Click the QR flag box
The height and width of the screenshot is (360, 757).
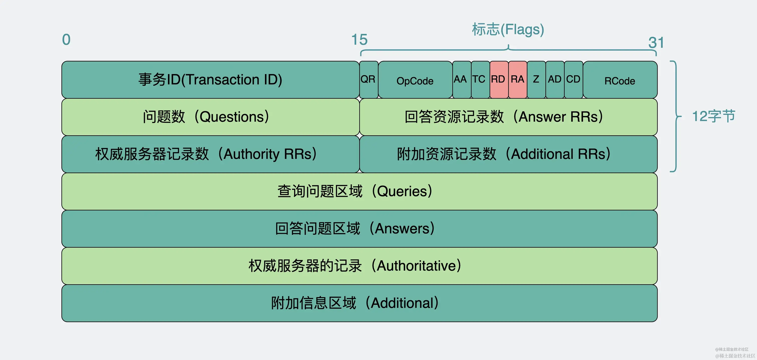click(x=368, y=79)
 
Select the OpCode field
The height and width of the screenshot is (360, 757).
click(x=415, y=80)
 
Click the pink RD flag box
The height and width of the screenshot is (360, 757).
click(x=499, y=79)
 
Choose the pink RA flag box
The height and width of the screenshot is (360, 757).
click(x=517, y=79)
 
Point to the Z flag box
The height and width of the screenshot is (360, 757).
click(x=536, y=79)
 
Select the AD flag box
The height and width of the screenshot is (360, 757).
click(x=555, y=79)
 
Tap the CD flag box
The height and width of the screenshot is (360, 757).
click(x=573, y=79)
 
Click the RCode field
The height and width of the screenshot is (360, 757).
click(x=620, y=80)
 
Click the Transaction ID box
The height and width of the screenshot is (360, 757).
click(x=210, y=80)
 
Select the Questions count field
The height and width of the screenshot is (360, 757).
click(x=210, y=117)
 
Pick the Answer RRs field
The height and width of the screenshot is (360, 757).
click(x=508, y=117)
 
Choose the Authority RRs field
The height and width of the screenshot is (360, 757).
click(x=210, y=154)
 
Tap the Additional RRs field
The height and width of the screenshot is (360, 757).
click(x=508, y=154)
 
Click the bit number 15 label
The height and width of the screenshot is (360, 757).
click(x=359, y=40)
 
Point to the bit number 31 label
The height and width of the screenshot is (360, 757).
click(x=656, y=43)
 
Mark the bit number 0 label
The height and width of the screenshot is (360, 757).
click(x=66, y=40)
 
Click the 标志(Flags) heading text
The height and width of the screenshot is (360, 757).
click(x=508, y=29)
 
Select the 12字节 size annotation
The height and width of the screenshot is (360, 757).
click(x=713, y=116)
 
